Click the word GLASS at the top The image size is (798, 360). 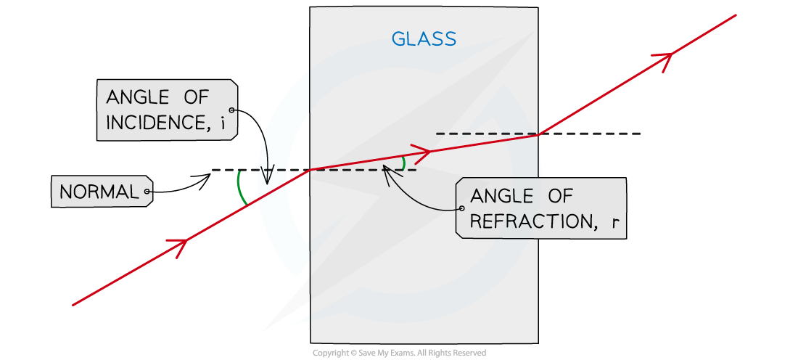tap(424, 39)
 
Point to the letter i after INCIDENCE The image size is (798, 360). tap(223, 123)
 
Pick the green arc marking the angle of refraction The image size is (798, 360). tap(403, 163)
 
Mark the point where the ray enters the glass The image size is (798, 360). tap(311, 170)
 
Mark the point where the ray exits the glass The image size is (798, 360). tap(538, 134)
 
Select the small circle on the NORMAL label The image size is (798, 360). tap(147, 192)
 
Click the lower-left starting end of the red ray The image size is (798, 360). tap(74, 304)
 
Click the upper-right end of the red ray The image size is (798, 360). tap(735, 15)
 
